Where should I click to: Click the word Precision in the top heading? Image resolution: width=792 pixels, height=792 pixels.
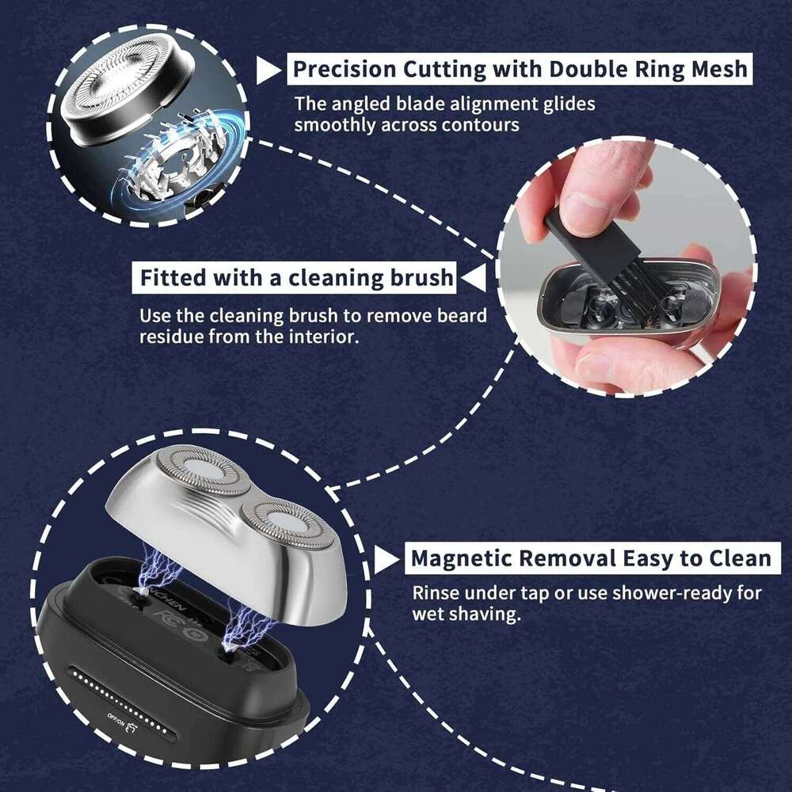pyautogui.click(x=343, y=69)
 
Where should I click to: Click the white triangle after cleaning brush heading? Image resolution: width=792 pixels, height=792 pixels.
pyautogui.click(x=472, y=279)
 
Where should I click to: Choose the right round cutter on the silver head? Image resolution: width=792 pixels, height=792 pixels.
pyautogui.click(x=283, y=524)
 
